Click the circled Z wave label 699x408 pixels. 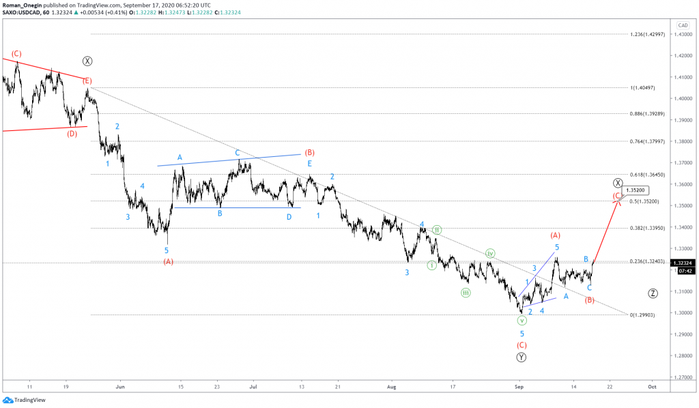point(653,293)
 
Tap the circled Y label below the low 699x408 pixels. point(522,357)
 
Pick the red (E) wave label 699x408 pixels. point(87,81)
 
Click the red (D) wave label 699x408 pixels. point(72,133)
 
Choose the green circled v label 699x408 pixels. point(522,320)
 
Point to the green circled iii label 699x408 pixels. point(465,293)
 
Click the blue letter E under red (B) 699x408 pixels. point(309,164)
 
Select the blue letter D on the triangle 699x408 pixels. point(289,216)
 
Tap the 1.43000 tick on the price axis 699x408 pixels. point(683,34)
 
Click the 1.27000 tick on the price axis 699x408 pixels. point(683,377)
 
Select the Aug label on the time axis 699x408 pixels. point(392,386)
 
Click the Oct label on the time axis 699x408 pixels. point(652,386)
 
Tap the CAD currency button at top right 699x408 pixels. point(682,25)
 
